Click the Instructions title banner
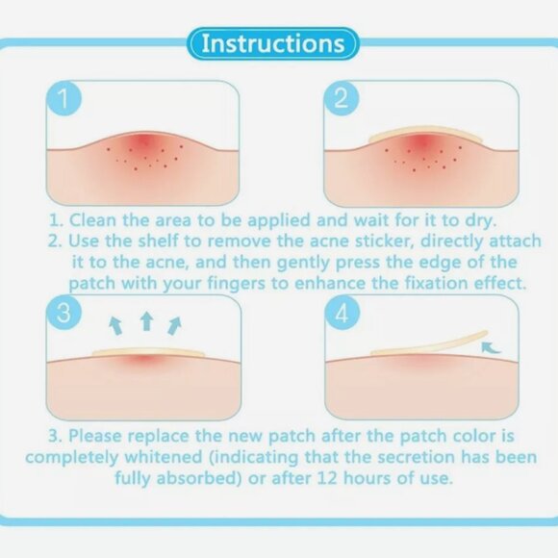click(273, 43)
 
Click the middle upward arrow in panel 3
click(146, 321)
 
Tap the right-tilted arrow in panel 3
click(175, 324)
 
